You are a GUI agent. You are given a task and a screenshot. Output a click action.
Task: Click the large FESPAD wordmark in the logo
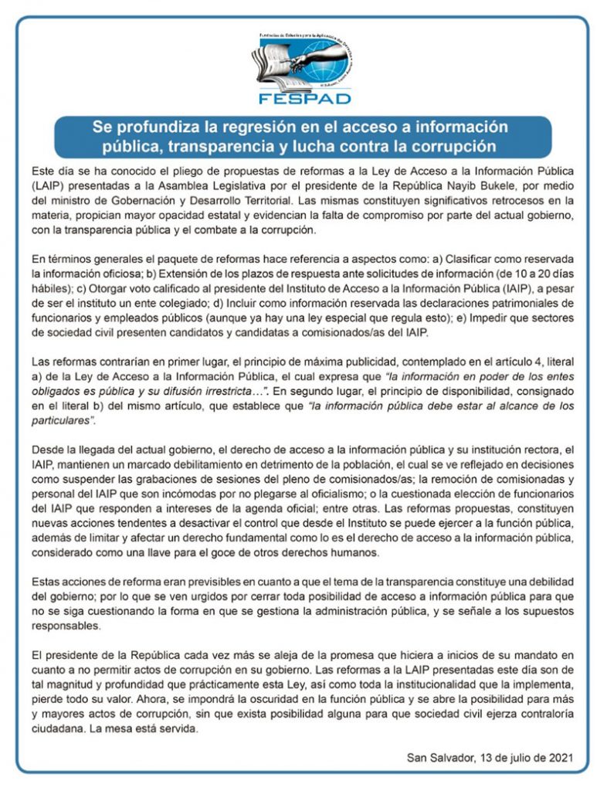pyautogui.click(x=303, y=97)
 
